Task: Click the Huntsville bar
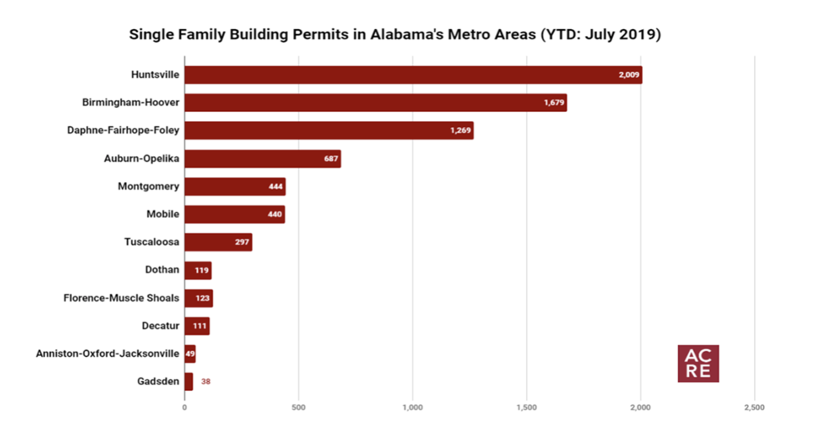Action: point(413,74)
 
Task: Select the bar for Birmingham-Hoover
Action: point(375,103)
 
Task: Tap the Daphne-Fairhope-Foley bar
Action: point(329,130)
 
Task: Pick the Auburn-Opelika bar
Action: point(262,159)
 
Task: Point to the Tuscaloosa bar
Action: point(218,242)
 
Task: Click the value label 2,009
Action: point(628,75)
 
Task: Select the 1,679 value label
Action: point(554,103)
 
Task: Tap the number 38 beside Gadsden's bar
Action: point(205,381)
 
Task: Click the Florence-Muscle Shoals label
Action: point(121,297)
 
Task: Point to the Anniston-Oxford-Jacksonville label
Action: point(107,353)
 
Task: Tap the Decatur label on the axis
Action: point(159,326)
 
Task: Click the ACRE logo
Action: point(698,363)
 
